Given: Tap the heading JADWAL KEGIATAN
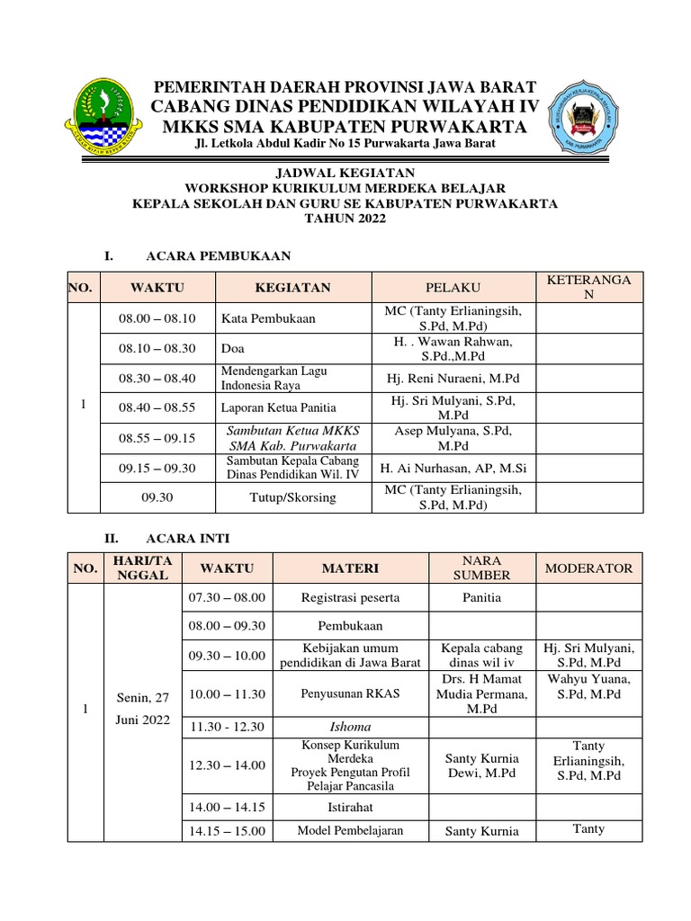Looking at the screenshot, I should (x=345, y=172).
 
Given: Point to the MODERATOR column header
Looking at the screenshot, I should (x=589, y=568).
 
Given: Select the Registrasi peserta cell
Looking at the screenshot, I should (x=350, y=597).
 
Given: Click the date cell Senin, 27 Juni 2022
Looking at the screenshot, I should (x=143, y=708).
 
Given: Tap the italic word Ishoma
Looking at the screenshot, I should (x=350, y=727).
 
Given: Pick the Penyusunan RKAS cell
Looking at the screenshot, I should (x=350, y=693).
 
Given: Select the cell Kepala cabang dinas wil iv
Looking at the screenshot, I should (x=480, y=656).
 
